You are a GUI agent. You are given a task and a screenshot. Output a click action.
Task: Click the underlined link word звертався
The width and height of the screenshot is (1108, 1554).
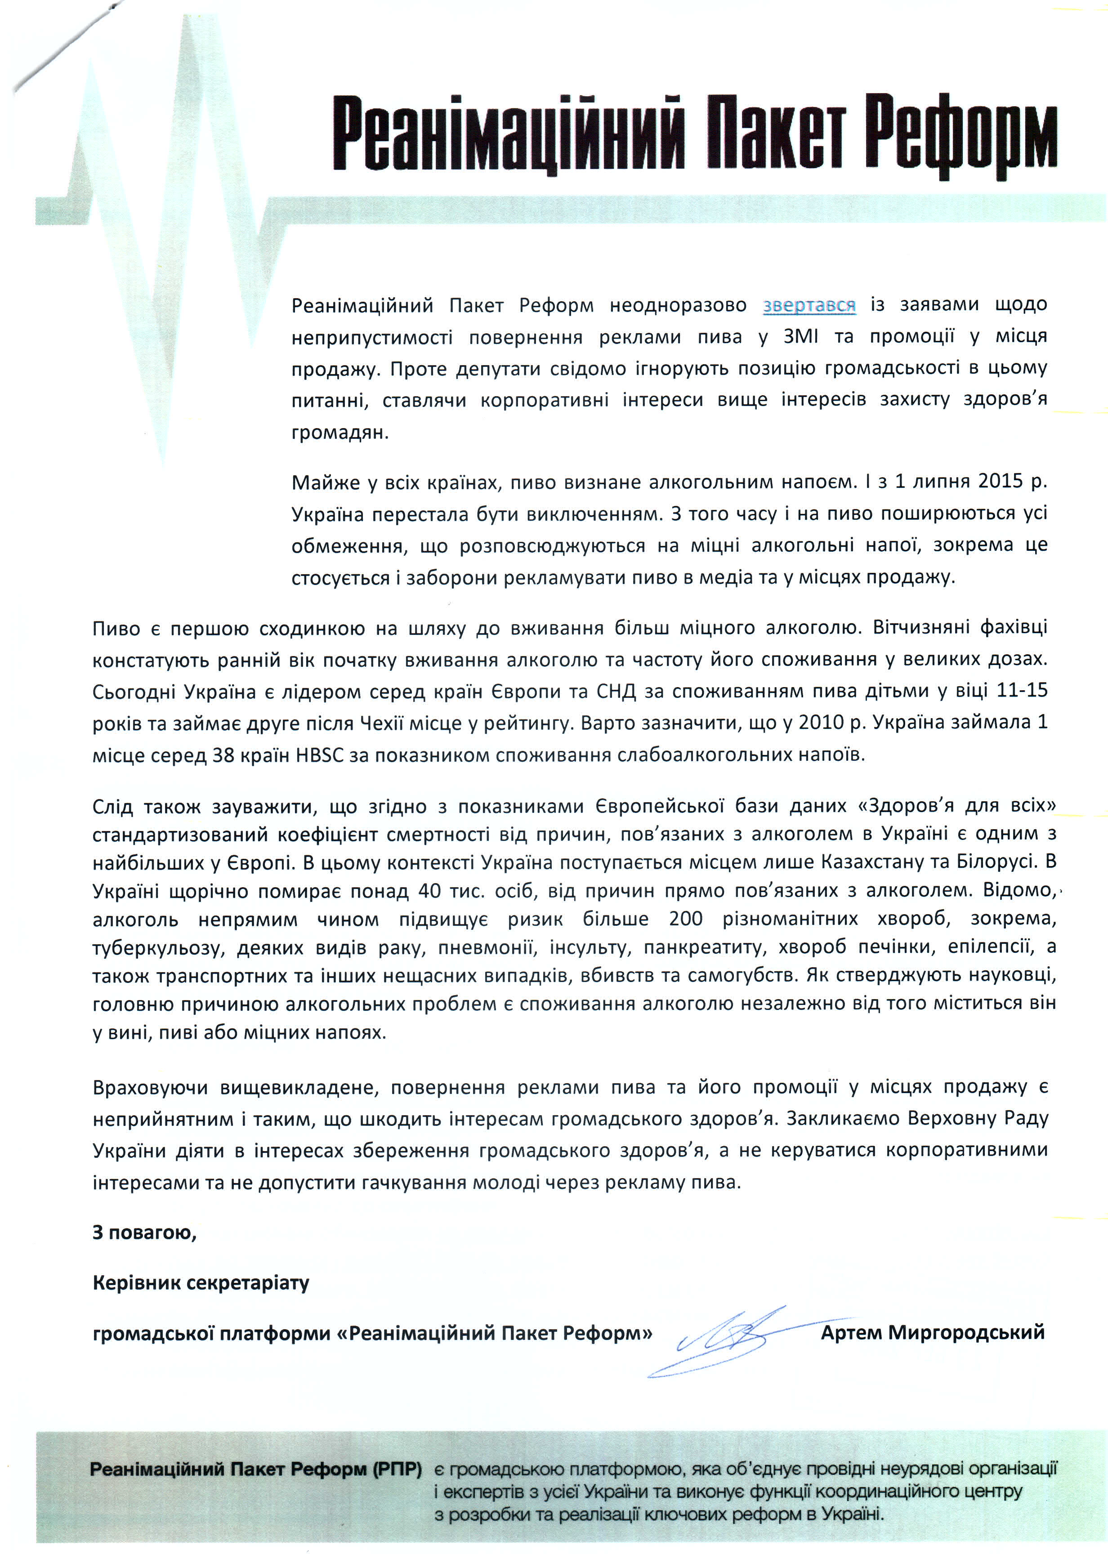click(x=809, y=305)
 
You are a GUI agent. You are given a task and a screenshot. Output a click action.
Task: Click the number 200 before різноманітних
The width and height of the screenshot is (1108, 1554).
click(x=686, y=919)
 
